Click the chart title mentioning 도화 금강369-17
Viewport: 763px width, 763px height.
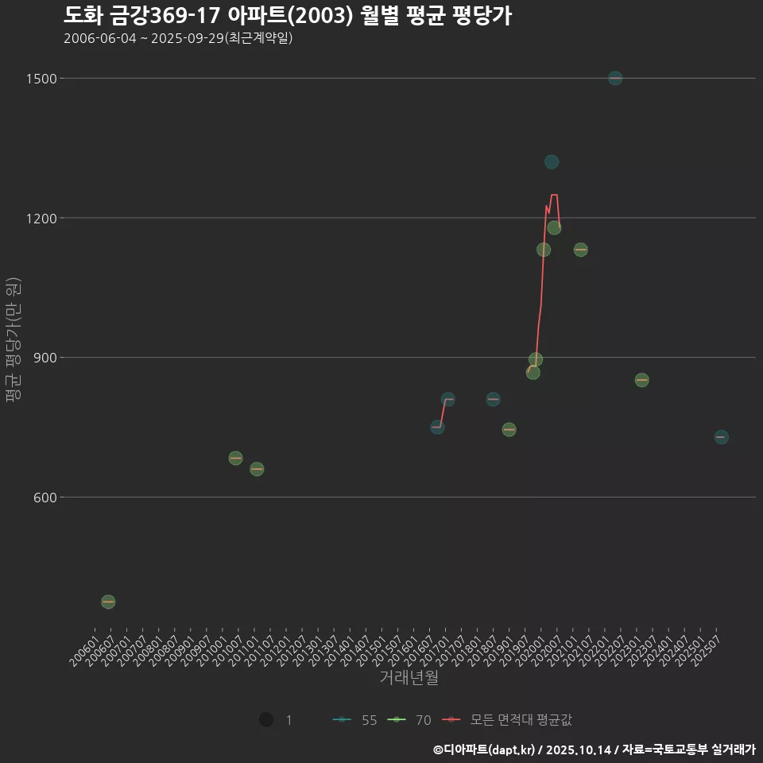click(287, 15)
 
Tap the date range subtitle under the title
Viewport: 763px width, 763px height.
click(178, 38)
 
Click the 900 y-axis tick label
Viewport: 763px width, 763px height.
click(45, 358)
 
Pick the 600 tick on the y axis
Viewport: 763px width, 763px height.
click(45, 498)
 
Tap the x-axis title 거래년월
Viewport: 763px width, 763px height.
click(409, 678)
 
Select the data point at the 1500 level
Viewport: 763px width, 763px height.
click(615, 78)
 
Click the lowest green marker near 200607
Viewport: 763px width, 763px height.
click(108, 602)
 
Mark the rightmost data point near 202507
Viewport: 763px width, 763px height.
click(721, 437)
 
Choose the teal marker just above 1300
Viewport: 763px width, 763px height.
click(552, 162)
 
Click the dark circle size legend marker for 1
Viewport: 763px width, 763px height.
click(266, 720)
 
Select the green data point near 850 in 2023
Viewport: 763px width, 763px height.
click(641, 380)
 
